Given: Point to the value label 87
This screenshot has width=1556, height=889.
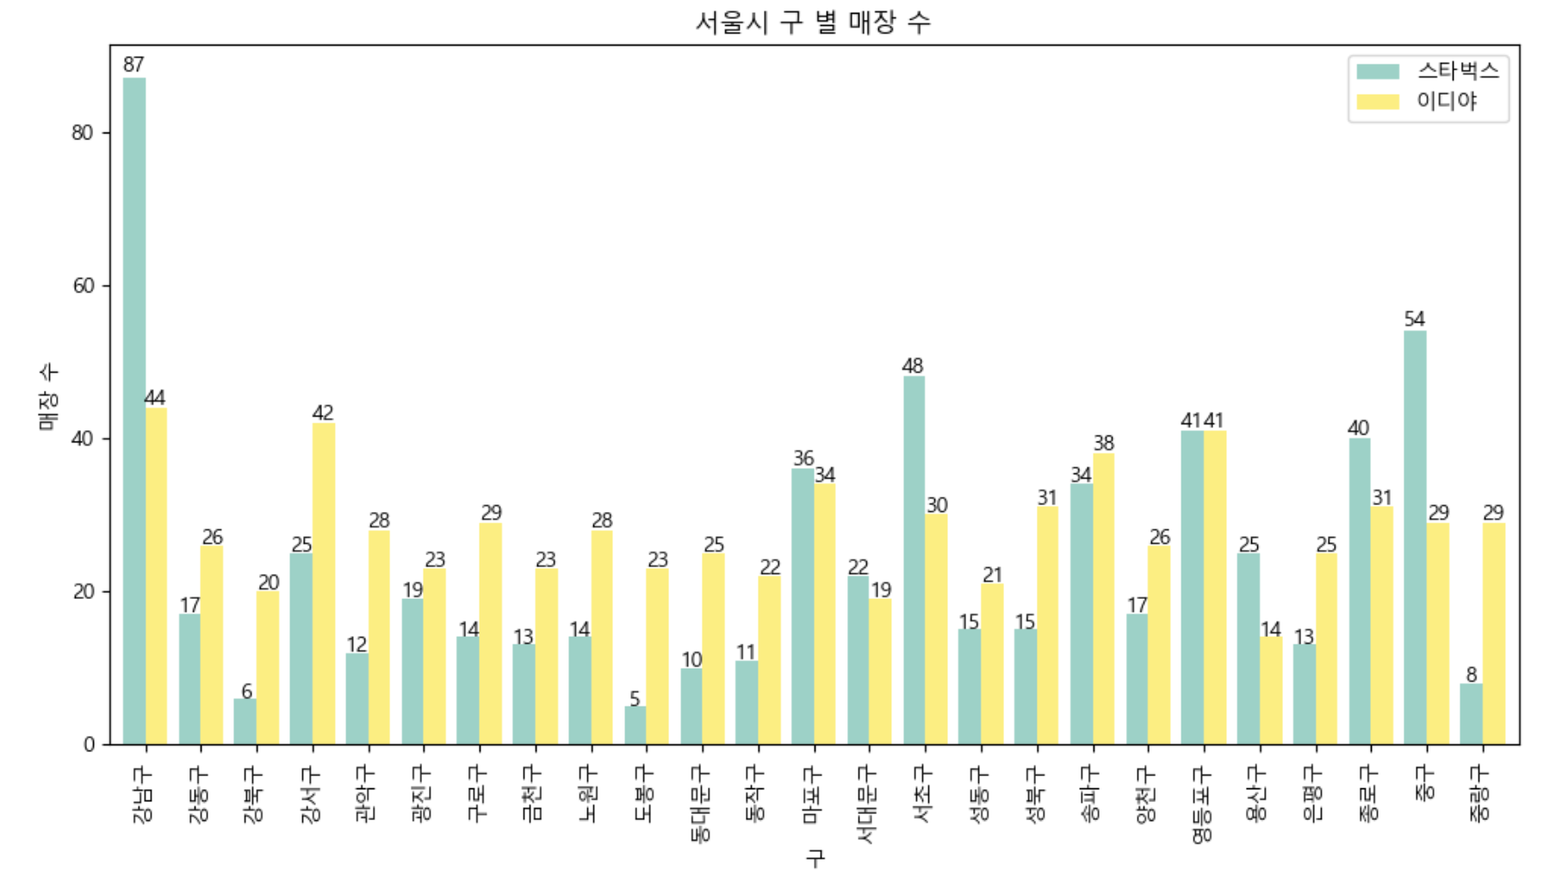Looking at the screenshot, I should pyautogui.click(x=133, y=65).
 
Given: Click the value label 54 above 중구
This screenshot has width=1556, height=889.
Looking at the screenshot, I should pyautogui.click(x=1414, y=319).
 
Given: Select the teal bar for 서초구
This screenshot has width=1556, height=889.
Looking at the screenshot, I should pyautogui.click(x=914, y=559).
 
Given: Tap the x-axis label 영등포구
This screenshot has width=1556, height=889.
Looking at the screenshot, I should pyautogui.click(x=1202, y=806).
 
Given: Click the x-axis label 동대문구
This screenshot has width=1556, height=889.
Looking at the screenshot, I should pyautogui.click(x=701, y=804).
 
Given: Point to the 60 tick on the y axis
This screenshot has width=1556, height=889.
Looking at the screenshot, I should pyautogui.click(x=84, y=286).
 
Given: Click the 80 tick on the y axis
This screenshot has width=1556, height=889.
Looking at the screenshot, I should pyautogui.click(x=84, y=133).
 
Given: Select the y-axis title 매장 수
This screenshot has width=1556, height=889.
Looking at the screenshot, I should pyautogui.click(x=48, y=396).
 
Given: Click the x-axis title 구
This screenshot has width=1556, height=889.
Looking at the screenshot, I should pyautogui.click(x=815, y=857).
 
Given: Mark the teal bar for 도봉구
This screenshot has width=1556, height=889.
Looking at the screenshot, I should pyautogui.click(x=635, y=725).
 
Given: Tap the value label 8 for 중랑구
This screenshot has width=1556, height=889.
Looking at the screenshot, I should pyautogui.click(x=1471, y=675).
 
